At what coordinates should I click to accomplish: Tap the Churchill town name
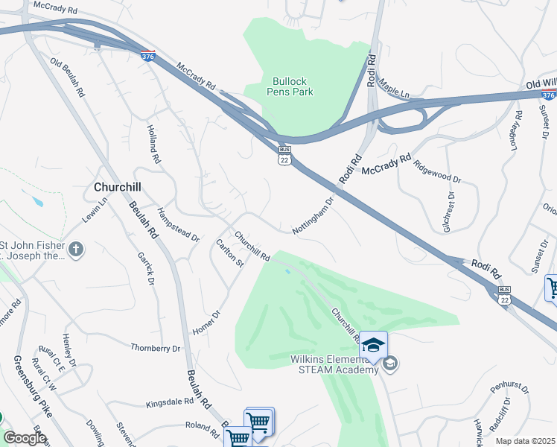click(x=118, y=186)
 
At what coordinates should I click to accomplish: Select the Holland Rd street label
click(x=153, y=145)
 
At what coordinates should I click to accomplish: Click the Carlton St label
click(x=229, y=253)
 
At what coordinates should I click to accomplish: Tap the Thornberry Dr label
click(x=156, y=348)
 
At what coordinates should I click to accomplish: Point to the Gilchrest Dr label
click(x=448, y=211)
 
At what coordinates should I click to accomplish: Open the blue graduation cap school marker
click(x=374, y=344)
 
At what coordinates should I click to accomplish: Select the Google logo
click(x=25, y=438)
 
